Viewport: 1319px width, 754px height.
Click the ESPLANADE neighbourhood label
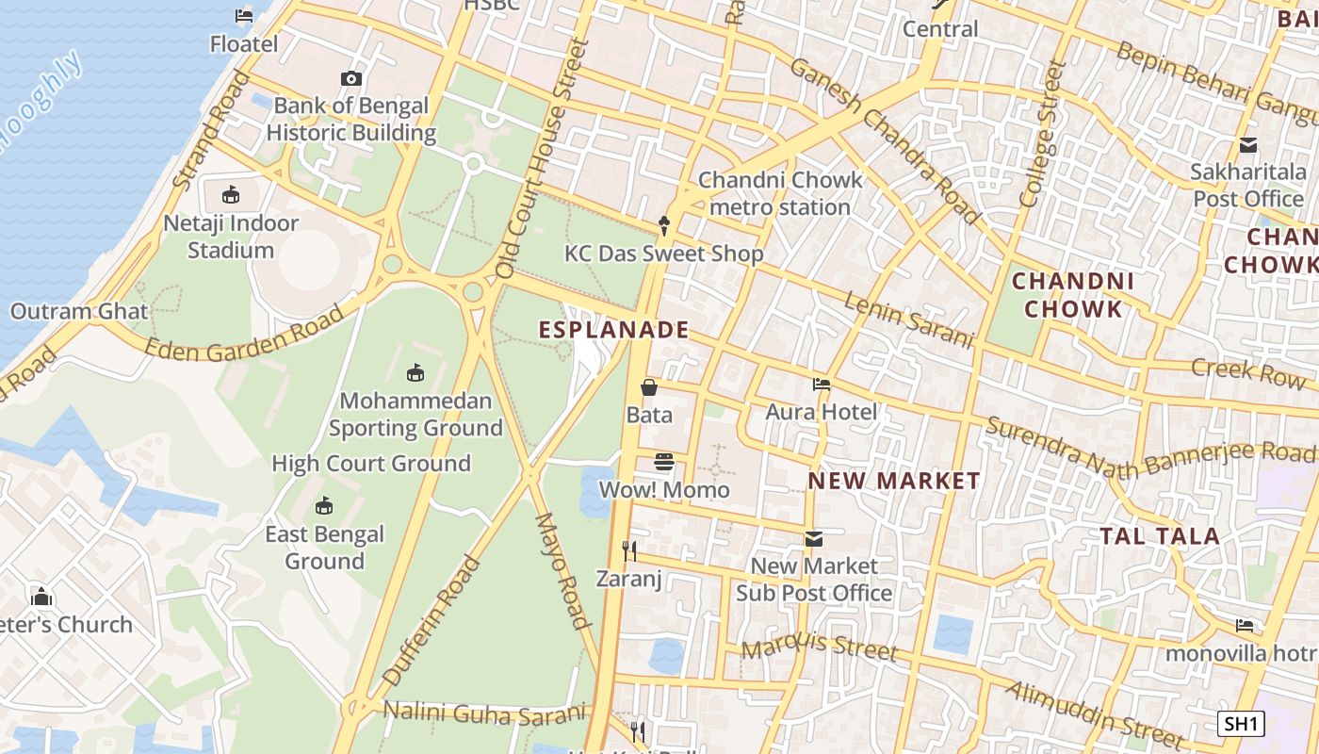(613, 330)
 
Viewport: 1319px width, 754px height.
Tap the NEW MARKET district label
(894, 481)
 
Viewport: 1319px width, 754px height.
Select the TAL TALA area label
(1160, 536)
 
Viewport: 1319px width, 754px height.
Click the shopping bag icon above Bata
(649, 387)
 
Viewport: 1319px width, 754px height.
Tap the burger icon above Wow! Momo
(664, 462)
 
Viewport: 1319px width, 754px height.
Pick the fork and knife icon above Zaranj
(629, 550)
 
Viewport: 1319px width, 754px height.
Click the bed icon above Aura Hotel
(822, 385)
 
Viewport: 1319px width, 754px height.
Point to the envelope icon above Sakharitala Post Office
(1248, 145)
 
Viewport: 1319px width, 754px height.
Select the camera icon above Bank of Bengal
(351, 79)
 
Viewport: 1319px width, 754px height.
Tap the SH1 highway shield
(1240, 724)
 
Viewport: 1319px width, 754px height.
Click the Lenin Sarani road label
(908, 320)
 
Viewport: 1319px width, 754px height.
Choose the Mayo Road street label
(563, 570)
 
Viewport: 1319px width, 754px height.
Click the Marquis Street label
(819, 648)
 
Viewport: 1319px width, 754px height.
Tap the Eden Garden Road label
(245, 336)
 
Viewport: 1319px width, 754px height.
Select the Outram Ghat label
(79, 311)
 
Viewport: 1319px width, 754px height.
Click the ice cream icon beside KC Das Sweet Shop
(664, 225)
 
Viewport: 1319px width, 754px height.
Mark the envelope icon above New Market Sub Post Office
(814, 539)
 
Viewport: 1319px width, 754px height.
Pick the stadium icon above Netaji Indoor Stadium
(231, 195)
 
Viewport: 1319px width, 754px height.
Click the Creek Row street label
(1248, 370)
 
